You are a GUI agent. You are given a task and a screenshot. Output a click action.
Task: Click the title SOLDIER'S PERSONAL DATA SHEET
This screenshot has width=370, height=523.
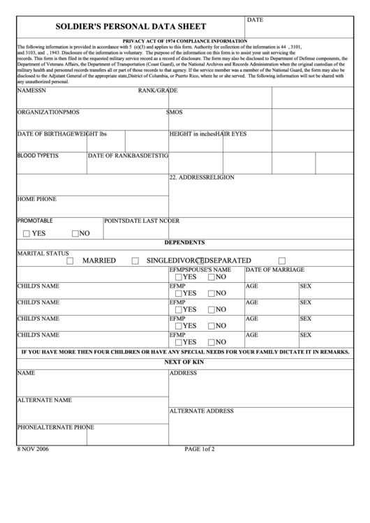pyautogui.click(x=130, y=27)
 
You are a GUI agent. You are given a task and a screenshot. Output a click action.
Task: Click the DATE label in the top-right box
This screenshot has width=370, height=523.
pyautogui.click(x=256, y=20)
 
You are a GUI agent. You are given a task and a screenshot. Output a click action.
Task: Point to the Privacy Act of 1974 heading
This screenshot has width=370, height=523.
pyautogui.click(x=184, y=41)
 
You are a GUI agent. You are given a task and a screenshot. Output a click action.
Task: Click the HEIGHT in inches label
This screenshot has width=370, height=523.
pyautogui.click(x=192, y=133)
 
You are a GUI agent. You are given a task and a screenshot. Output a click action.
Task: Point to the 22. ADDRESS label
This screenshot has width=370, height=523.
pyautogui.click(x=188, y=177)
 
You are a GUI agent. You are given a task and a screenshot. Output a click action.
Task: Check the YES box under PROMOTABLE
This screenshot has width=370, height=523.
pyautogui.click(x=27, y=234)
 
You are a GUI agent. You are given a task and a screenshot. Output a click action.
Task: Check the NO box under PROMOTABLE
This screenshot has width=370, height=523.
pyautogui.click(x=75, y=234)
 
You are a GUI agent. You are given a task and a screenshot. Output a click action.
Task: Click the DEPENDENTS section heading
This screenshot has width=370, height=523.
pyautogui.click(x=184, y=243)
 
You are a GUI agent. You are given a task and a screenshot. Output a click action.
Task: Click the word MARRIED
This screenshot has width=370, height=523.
pyautogui.click(x=99, y=260)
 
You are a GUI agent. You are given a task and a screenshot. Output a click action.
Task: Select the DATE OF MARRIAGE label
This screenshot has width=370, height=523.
pyautogui.click(x=274, y=270)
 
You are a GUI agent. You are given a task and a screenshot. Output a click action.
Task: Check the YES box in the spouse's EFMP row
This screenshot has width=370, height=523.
pyautogui.click(x=179, y=277)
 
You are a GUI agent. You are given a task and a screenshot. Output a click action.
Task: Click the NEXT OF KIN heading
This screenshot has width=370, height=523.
pyautogui.click(x=184, y=362)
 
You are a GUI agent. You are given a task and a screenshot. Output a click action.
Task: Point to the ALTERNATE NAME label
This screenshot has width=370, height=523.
pyautogui.click(x=45, y=401)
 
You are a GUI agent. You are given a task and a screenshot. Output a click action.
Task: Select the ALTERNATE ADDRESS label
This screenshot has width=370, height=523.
pyautogui.click(x=201, y=411)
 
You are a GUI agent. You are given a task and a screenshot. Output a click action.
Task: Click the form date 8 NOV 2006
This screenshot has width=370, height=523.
pyautogui.click(x=34, y=449)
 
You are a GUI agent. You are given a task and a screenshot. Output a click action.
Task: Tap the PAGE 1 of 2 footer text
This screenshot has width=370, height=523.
pyautogui.click(x=199, y=449)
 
